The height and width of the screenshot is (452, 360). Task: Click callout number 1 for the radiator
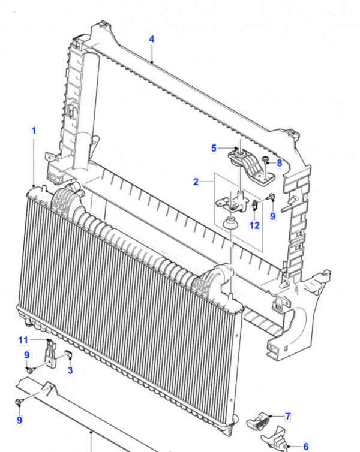click(x=34, y=131)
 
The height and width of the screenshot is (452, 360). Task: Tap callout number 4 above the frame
click(x=152, y=39)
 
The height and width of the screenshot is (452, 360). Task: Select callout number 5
click(x=214, y=148)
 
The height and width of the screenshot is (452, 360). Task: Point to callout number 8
click(x=279, y=163)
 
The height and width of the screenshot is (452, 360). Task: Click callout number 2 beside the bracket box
click(x=196, y=182)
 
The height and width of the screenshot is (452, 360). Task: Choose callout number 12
click(x=254, y=225)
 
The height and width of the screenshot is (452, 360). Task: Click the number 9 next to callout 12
click(x=273, y=216)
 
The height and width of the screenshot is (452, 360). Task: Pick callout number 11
click(x=23, y=340)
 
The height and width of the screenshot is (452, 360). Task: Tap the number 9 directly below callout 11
click(x=27, y=355)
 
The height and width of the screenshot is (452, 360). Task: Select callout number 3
click(x=70, y=370)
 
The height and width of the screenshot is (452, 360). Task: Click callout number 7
click(x=287, y=416)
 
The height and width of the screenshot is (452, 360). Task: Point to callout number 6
click(x=306, y=447)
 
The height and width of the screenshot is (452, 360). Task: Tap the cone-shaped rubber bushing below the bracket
click(x=231, y=223)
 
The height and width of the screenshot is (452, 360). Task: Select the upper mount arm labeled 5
click(x=250, y=167)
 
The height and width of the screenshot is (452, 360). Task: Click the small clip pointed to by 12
click(x=254, y=204)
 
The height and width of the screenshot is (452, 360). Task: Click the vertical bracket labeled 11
click(x=50, y=354)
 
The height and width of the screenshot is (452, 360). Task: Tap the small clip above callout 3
click(x=69, y=354)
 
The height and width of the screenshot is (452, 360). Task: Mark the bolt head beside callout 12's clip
click(x=271, y=197)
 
